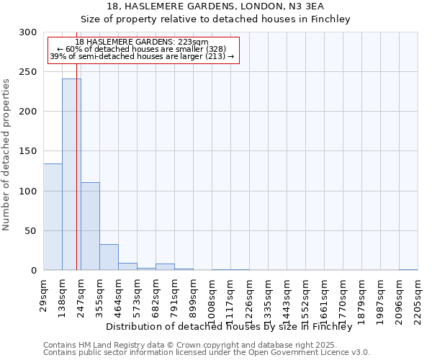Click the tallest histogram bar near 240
(71, 174)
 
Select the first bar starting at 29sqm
(53, 217)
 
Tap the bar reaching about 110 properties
(90, 226)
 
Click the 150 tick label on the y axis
(29, 151)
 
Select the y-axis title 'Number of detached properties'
(7, 155)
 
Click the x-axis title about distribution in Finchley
(234, 326)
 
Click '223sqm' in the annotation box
(194, 42)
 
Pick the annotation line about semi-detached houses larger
(142, 56)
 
